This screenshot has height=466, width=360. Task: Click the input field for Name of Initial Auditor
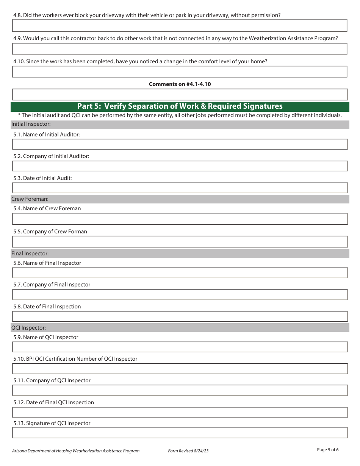180,144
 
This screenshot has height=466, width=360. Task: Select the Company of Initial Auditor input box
180,166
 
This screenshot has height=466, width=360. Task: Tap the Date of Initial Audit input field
180,188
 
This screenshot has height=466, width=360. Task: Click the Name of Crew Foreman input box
180,219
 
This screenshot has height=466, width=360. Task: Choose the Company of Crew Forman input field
180,242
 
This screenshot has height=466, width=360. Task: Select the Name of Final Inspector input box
180,273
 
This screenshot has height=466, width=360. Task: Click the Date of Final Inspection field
180,316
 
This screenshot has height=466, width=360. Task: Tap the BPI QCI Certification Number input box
180,369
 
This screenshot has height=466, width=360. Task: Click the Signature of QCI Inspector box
180,433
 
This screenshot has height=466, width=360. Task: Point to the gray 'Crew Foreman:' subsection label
30,199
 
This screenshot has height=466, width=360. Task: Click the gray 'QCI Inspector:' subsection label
29,328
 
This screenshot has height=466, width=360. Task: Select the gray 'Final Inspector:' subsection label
30,253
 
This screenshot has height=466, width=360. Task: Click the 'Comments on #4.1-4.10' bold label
180,84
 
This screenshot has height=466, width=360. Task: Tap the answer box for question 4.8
180,25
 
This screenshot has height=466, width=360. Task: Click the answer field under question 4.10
180,72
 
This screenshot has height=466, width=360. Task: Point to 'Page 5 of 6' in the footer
327,450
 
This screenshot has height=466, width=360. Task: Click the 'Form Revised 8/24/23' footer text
188,451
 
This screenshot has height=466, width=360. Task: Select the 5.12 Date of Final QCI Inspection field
180,412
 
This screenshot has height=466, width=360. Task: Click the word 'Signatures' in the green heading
262,106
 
